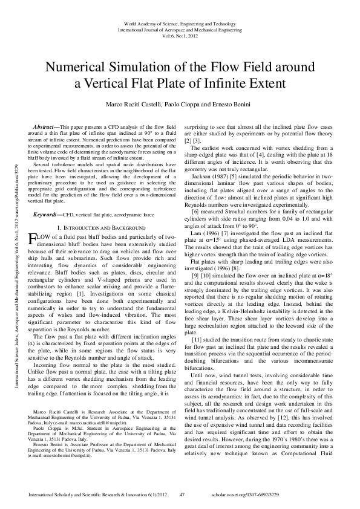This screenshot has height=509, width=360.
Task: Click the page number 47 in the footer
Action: (x=182, y=494)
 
